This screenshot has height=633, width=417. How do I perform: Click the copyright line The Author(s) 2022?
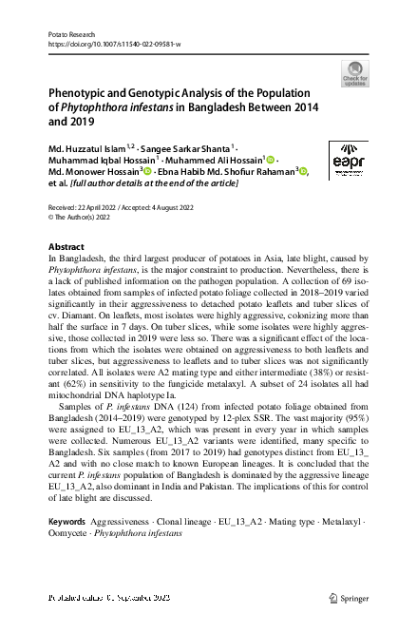point(83,216)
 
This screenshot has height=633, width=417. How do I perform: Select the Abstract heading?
point(66,246)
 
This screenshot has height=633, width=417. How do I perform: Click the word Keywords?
point(66,524)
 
